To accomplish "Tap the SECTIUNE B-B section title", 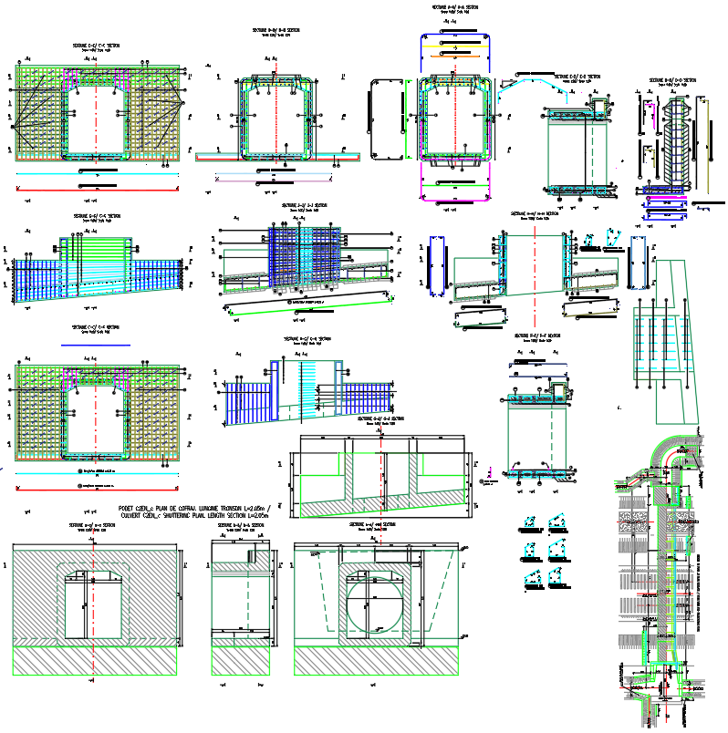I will (x=275, y=30).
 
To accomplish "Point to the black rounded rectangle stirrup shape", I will (x=386, y=119).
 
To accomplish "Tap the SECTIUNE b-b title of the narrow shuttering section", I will (x=241, y=526).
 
